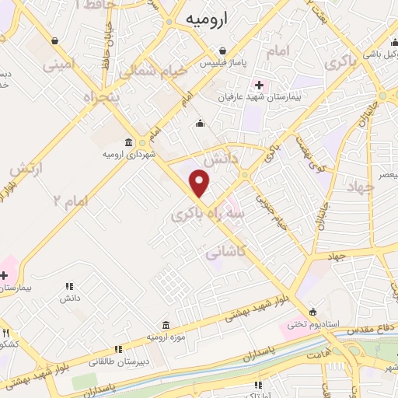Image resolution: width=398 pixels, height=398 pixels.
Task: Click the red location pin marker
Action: [200, 183]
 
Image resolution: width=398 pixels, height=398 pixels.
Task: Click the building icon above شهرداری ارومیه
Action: [129, 142]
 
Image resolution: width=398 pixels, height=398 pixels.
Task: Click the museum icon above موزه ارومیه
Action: [166, 323]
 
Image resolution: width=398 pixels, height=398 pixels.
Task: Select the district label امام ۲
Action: [70, 201]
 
